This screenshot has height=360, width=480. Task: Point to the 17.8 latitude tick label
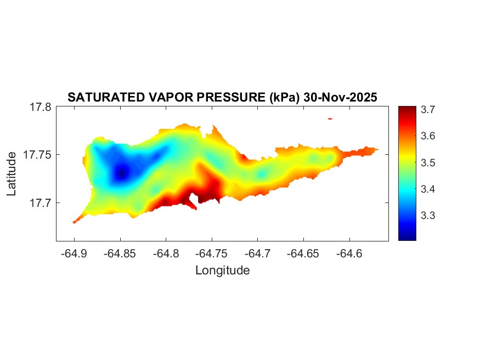[x=41, y=108]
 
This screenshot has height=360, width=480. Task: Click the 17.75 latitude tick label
[x=38, y=155]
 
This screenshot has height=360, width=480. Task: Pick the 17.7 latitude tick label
[x=41, y=203]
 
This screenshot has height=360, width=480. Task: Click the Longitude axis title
[x=222, y=270]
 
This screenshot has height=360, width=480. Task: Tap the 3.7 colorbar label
[x=428, y=110]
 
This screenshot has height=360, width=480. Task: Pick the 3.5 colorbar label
[x=428, y=163]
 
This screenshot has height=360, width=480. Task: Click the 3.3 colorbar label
[x=428, y=216]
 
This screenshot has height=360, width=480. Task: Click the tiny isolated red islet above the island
[x=330, y=118]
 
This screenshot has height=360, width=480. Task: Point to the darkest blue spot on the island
[x=122, y=172]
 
